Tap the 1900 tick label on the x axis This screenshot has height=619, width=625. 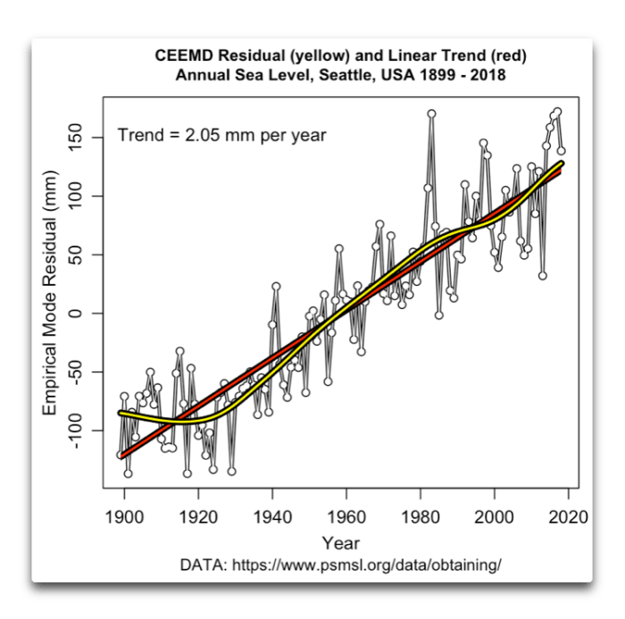123,515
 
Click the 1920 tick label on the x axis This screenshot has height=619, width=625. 197,515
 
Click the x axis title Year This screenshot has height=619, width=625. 341,542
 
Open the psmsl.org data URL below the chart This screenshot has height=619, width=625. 383,565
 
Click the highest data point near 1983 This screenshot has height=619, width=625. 431,113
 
